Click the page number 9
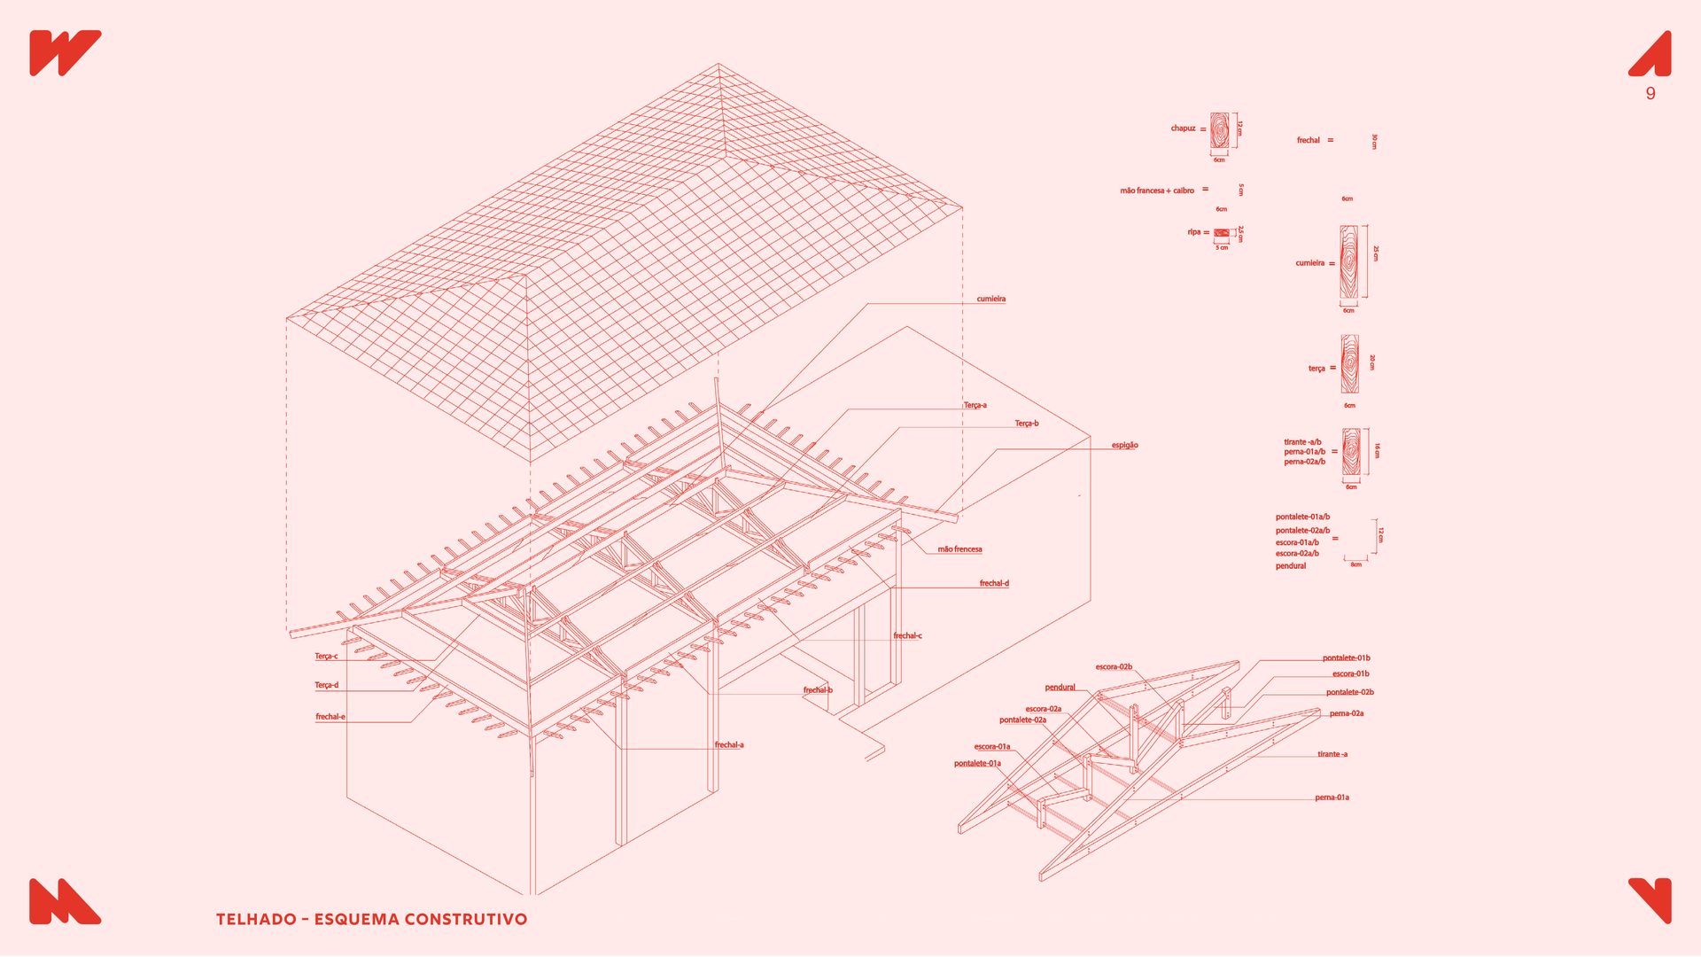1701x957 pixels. (x=1651, y=94)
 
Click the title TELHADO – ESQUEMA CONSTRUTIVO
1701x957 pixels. (x=371, y=919)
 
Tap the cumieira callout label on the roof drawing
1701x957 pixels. (x=990, y=300)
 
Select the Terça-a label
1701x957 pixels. (x=975, y=406)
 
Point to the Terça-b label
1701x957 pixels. (x=1026, y=424)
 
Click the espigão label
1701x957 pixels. (x=1124, y=445)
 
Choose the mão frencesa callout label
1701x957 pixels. (x=959, y=549)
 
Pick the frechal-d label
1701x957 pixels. (x=994, y=583)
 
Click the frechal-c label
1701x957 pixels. (x=907, y=635)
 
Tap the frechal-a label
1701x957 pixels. (x=729, y=745)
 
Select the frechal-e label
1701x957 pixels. (x=330, y=717)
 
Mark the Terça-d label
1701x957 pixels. (x=326, y=685)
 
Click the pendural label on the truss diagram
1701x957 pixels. (x=1060, y=688)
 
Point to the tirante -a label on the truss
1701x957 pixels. (x=1332, y=755)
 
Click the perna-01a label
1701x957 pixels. (x=1332, y=797)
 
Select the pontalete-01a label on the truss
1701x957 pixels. (x=977, y=764)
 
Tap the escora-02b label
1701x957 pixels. (x=1114, y=667)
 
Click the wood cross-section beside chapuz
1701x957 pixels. (x=1219, y=130)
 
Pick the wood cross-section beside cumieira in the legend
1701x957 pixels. (x=1348, y=262)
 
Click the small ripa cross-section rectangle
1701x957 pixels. (x=1221, y=233)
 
